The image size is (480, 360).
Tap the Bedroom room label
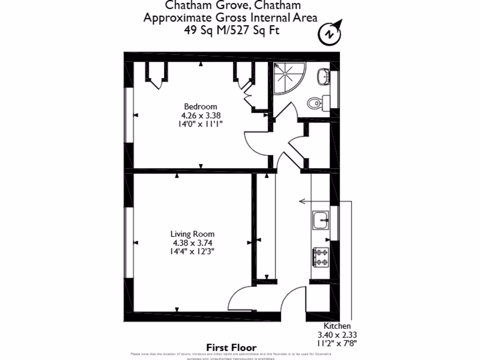click(200, 106)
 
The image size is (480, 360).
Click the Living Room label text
click(192, 234)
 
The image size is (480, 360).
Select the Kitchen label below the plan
click(337, 326)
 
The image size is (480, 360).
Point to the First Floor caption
click(232, 348)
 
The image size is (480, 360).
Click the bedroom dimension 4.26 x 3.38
click(201, 115)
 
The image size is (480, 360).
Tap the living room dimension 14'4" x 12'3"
click(193, 251)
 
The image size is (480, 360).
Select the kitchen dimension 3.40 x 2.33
click(337, 335)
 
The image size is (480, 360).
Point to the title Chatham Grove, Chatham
click(231, 6)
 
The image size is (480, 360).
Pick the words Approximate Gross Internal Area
click(230, 18)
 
